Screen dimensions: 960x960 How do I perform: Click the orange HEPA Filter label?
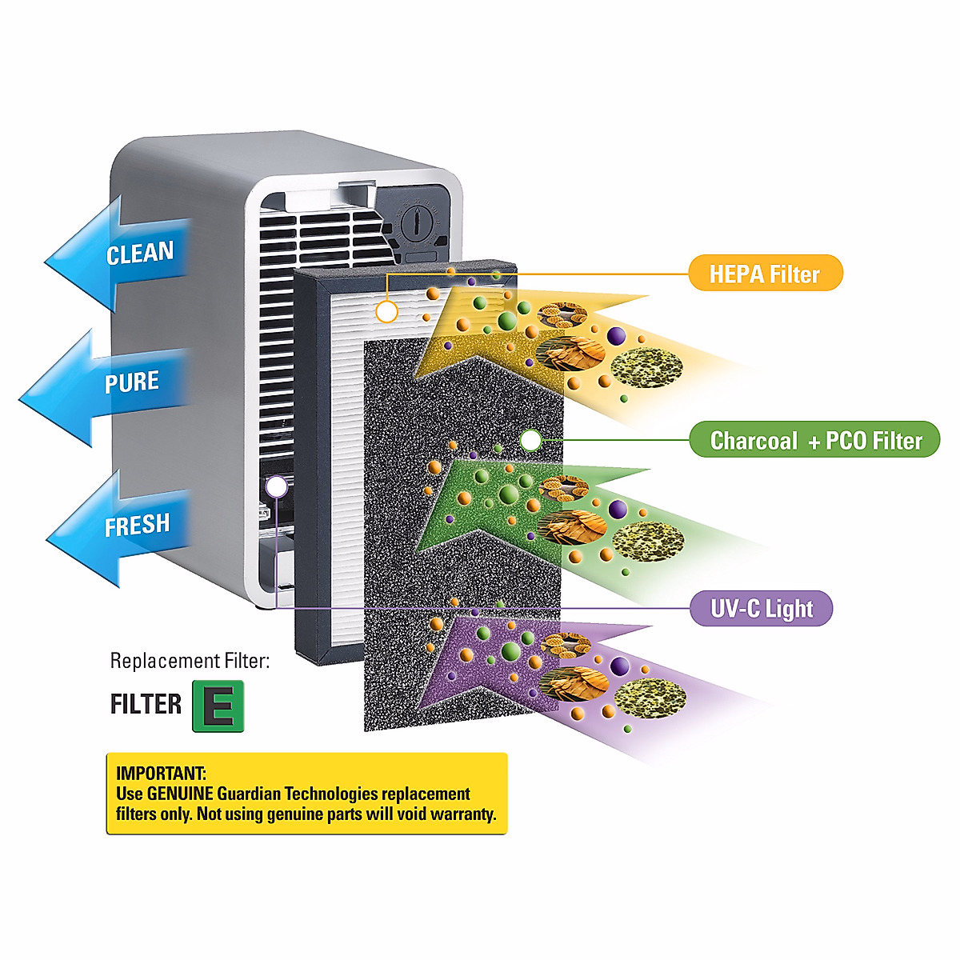(x=765, y=274)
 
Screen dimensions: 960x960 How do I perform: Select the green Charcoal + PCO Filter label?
(x=814, y=440)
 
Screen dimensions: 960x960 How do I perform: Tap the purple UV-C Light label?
(x=761, y=609)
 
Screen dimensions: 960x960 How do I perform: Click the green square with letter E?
(x=218, y=706)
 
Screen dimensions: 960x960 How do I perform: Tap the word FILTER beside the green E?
(x=146, y=705)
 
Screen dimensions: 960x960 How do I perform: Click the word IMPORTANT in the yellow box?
(x=161, y=773)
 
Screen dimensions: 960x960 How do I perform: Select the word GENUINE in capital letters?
(x=180, y=794)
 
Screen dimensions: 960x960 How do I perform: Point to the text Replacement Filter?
(x=190, y=661)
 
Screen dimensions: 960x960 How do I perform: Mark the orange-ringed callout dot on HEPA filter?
(x=386, y=311)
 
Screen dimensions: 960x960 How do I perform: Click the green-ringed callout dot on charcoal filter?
(x=530, y=439)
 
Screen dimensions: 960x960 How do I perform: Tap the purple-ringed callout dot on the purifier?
(x=277, y=486)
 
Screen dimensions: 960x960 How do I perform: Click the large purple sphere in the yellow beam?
(x=616, y=336)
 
